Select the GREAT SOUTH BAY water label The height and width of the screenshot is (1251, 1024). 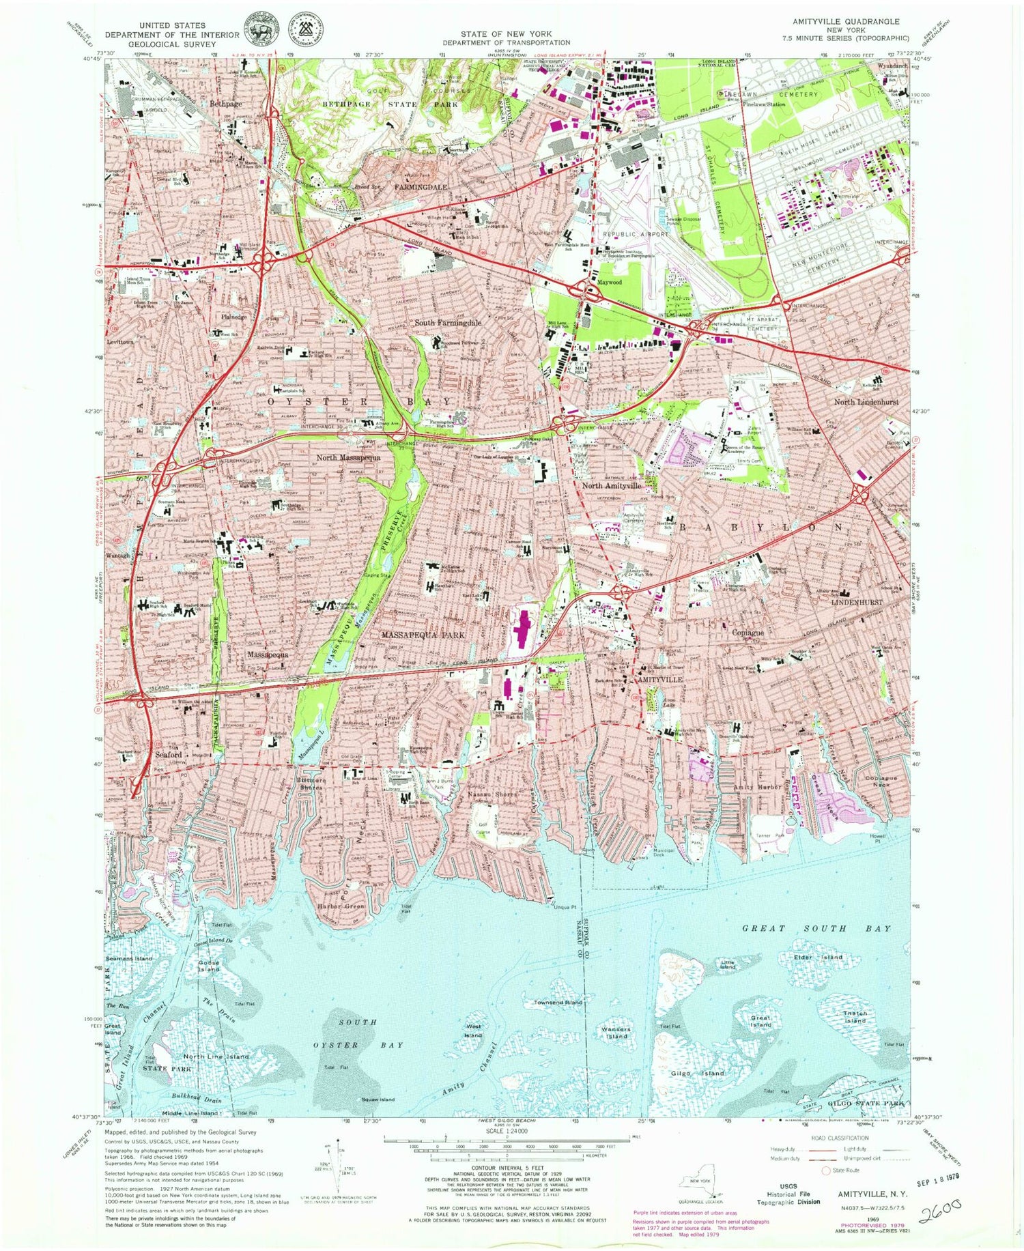point(816,928)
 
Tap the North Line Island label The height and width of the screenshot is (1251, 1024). point(216,1056)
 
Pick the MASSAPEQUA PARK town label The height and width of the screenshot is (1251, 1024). point(423,635)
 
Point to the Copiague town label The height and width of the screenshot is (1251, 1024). point(748,633)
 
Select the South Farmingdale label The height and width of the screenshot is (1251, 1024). point(449,323)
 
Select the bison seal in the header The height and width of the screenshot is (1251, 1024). point(258,29)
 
